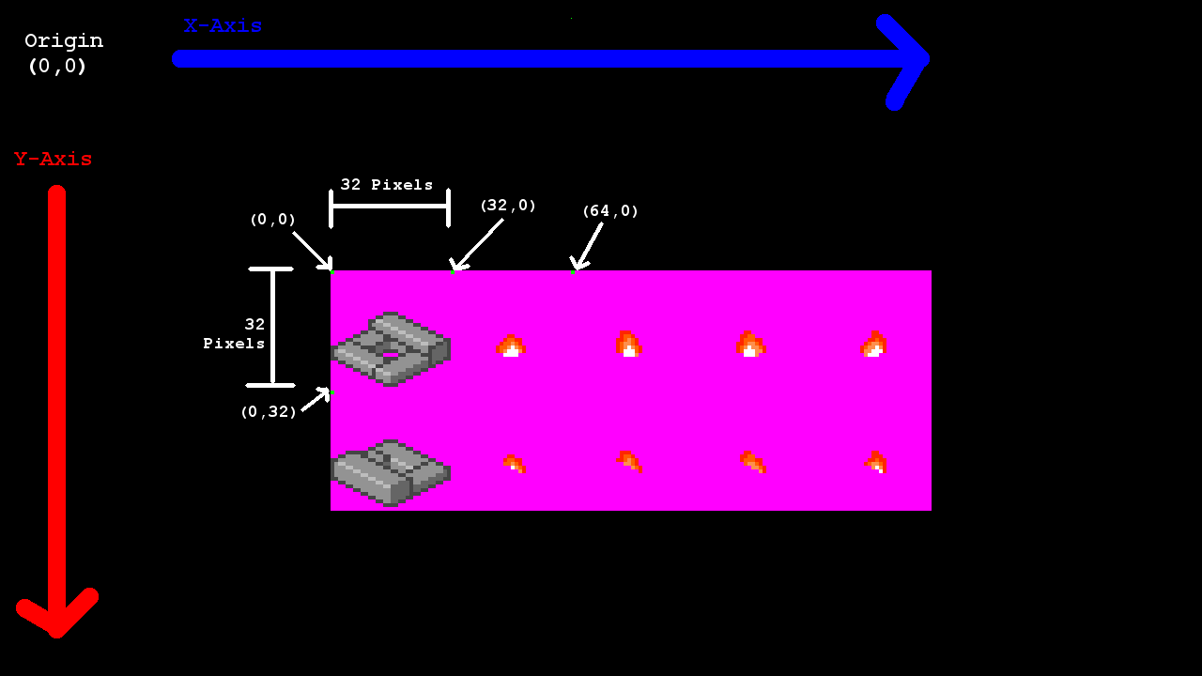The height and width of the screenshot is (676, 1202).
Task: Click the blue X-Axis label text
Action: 223,26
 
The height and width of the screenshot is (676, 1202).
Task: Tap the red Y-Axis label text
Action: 54,160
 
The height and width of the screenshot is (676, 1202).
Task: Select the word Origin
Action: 64,41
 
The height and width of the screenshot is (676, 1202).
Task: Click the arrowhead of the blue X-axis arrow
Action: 906,60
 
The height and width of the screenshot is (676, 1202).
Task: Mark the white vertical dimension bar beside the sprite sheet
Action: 272,327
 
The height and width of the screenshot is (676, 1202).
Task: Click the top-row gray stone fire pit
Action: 391,348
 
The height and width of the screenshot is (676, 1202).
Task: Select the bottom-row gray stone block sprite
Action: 391,472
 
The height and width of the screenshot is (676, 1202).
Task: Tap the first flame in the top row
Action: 510,346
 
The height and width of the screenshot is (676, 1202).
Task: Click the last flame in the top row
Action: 873,345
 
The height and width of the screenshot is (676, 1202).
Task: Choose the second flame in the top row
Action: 628,345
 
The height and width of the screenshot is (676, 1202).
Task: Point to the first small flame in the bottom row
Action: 513,463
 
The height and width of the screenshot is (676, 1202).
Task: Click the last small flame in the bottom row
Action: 876,462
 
